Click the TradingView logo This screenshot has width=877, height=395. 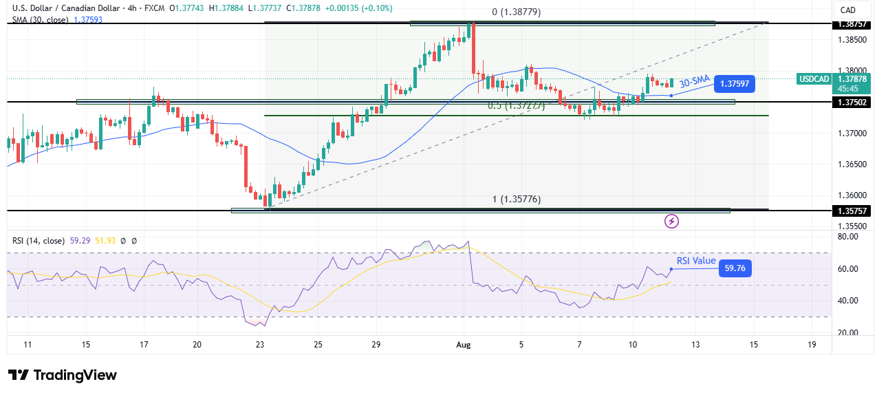(x=62, y=375)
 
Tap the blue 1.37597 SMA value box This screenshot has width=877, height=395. (x=734, y=85)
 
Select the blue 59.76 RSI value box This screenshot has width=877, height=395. (x=734, y=268)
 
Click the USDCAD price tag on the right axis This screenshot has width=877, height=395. (x=814, y=79)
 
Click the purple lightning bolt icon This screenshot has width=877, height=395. (x=672, y=221)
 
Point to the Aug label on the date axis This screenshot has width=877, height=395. (x=462, y=344)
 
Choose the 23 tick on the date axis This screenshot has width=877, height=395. (x=260, y=344)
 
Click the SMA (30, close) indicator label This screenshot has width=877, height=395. (x=39, y=20)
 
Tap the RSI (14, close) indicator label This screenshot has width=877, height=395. (x=36, y=241)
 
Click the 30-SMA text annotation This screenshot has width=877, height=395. (x=694, y=82)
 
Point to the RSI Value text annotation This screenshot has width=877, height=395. (x=695, y=261)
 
